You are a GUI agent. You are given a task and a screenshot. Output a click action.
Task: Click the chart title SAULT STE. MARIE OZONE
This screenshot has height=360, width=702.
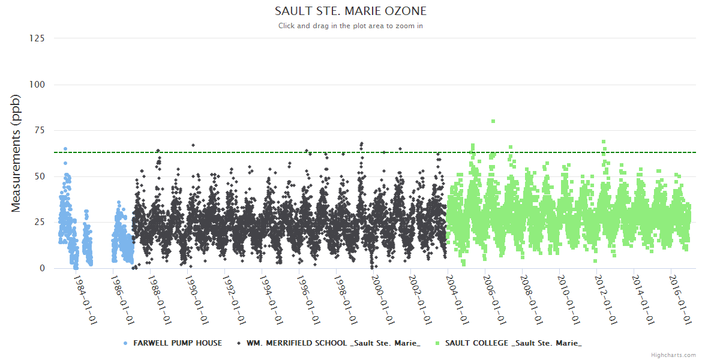point(350,11)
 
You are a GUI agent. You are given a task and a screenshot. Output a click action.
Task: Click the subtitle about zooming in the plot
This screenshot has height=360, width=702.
point(350,26)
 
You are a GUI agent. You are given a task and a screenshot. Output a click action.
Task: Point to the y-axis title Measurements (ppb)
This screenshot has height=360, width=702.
point(16,154)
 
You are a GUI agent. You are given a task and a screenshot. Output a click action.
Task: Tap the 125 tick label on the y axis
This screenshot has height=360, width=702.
point(37,38)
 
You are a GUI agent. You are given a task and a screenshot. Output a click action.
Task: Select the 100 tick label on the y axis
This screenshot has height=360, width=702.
point(37,85)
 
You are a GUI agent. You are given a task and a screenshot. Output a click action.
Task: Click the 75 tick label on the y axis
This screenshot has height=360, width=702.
point(40,130)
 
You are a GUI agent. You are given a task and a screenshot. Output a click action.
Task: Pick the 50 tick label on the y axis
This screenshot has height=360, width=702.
point(40,176)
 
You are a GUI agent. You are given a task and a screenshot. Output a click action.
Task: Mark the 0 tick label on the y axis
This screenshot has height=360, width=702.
point(42,268)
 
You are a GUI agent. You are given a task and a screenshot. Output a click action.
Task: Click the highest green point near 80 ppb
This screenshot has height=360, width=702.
point(493,121)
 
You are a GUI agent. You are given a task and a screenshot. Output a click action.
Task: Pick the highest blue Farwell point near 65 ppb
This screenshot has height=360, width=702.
point(65,149)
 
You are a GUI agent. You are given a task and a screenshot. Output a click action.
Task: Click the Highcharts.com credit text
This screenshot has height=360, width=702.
point(673,355)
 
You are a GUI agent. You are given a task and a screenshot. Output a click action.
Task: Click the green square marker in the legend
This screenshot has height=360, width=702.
point(439,343)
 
